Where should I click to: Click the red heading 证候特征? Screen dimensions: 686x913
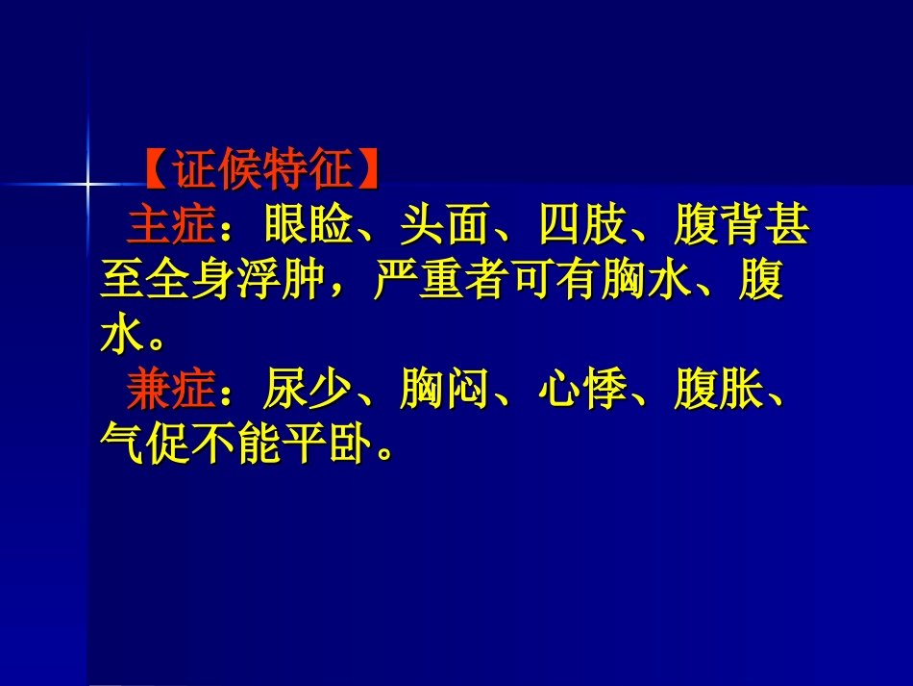(260, 170)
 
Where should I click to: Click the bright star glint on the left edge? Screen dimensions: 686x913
(87, 182)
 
